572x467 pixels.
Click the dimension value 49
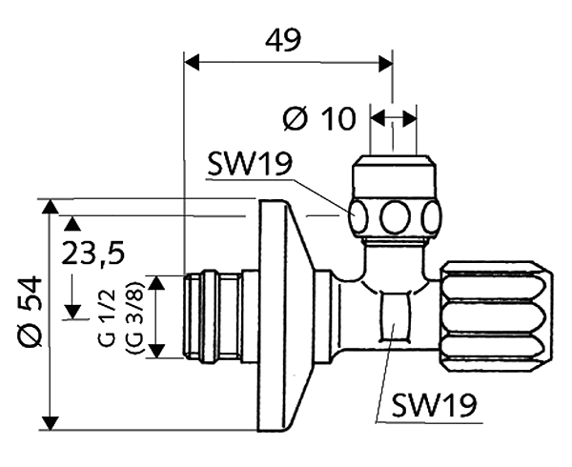[283, 40]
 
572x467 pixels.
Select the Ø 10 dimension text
[320, 119]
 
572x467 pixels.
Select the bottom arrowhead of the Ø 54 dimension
[51, 423]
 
